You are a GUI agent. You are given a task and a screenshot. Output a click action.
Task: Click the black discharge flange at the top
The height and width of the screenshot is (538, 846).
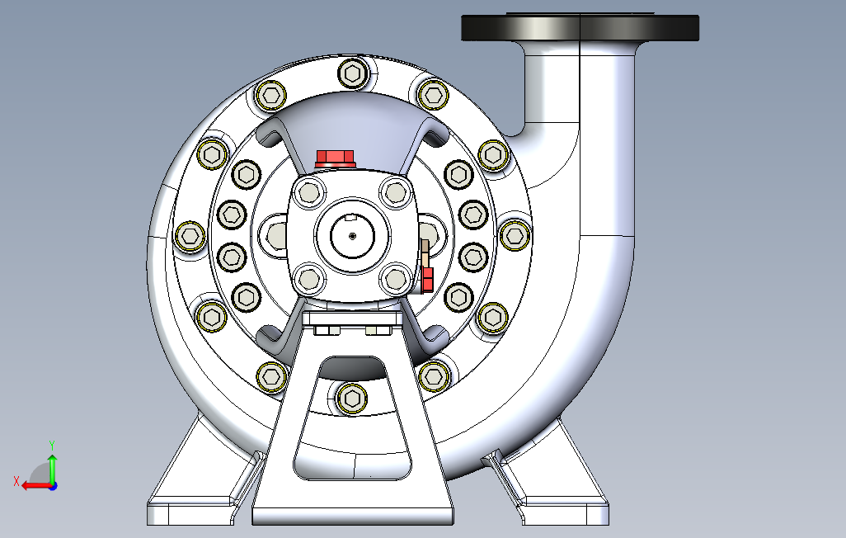[x=580, y=27]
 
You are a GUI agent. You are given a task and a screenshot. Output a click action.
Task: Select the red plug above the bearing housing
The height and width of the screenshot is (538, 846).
[x=335, y=158]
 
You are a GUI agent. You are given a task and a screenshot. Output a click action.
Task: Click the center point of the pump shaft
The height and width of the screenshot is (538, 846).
[x=352, y=235]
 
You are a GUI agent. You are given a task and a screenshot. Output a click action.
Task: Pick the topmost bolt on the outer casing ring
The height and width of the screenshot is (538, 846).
[x=353, y=73]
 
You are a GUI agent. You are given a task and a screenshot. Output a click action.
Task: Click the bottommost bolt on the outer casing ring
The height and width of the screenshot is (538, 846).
[x=352, y=399]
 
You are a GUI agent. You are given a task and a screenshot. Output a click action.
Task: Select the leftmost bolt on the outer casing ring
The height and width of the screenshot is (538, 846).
[x=190, y=236]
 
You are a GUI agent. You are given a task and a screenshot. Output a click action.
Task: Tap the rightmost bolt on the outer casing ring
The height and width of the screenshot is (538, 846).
[x=515, y=235]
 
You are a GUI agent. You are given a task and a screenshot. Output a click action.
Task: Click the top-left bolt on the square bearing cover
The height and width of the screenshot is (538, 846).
[x=308, y=192]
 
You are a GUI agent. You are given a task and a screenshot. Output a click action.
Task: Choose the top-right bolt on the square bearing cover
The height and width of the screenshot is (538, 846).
[x=396, y=192]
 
